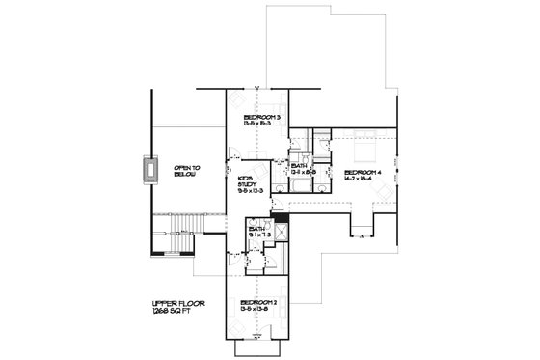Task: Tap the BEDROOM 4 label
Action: (x=364, y=172)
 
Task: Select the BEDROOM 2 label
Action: (x=257, y=302)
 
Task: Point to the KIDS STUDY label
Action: (x=246, y=181)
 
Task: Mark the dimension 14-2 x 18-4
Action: (x=364, y=180)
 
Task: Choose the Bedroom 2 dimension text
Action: (x=257, y=310)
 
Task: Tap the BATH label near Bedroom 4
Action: (x=300, y=165)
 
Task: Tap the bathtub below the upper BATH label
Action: (x=300, y=186)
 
